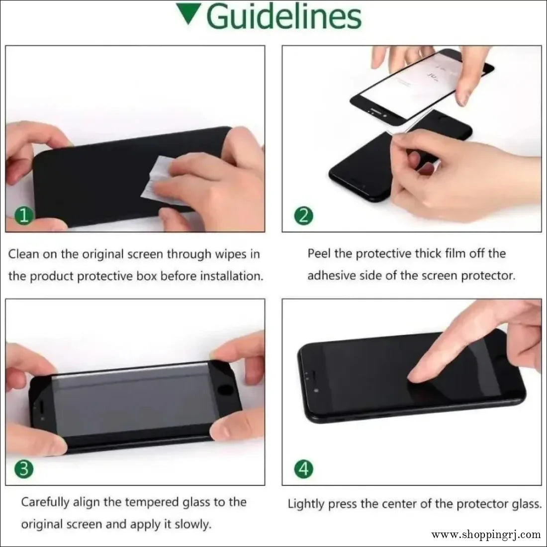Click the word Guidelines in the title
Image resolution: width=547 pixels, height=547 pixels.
284,17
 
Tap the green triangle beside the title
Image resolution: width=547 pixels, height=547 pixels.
188,13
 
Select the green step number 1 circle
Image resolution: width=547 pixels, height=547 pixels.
24,216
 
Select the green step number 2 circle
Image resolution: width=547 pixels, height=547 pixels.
303,216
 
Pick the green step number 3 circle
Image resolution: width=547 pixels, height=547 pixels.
24,469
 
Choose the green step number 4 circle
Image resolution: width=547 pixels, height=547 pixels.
303,469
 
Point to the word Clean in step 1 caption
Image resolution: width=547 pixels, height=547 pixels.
23,254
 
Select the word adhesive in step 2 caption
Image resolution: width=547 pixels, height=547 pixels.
331,275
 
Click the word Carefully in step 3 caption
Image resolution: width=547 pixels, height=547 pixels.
45,502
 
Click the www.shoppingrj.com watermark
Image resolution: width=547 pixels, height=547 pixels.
486,535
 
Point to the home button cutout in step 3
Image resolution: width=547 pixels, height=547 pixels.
225,389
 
